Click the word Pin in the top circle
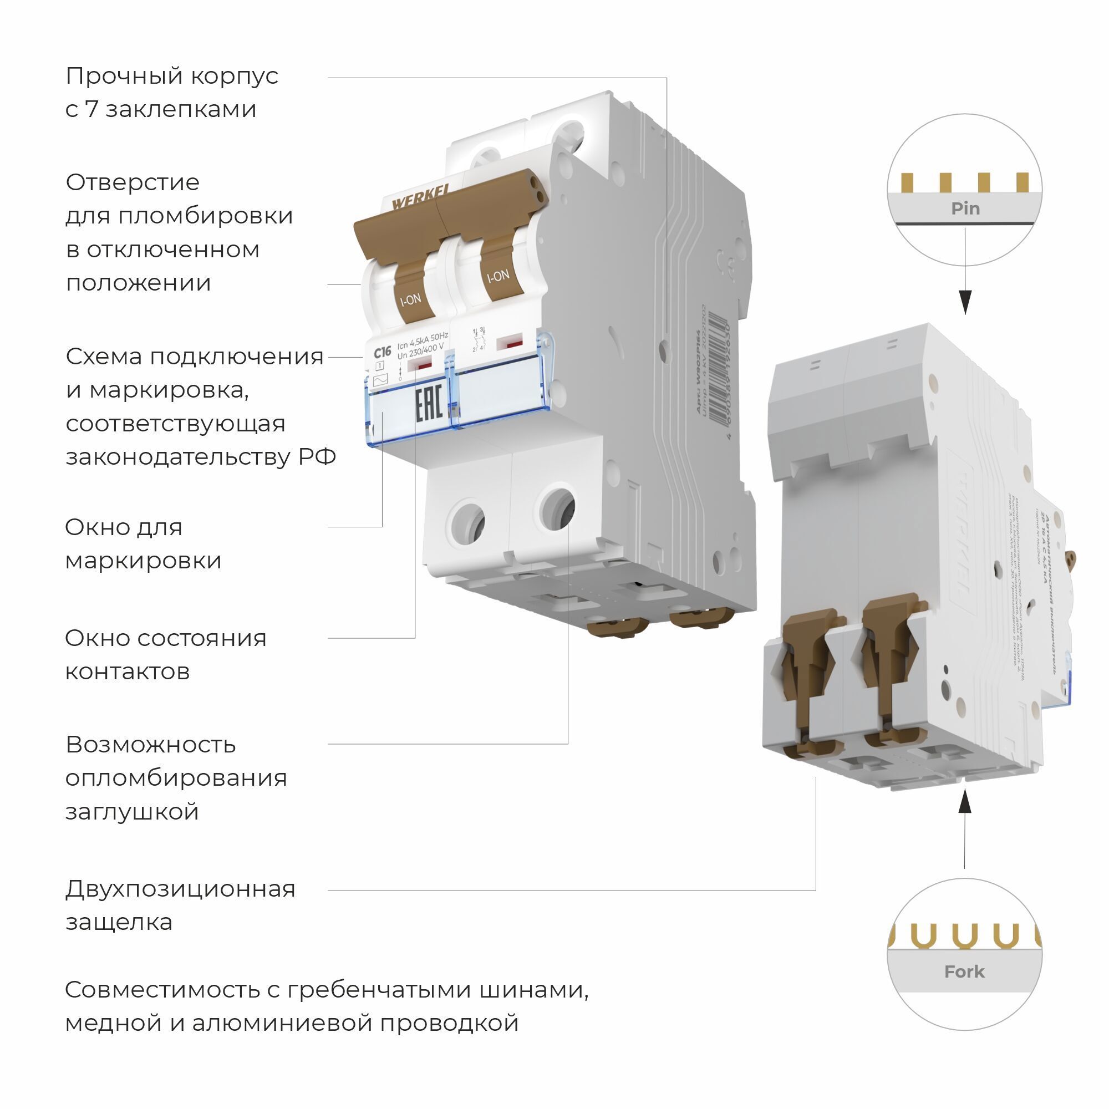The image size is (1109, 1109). coord(965,208)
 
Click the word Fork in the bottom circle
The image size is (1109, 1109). coord(964,971)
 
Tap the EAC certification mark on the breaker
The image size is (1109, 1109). coord(428,404)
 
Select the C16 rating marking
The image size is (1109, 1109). coord(381,352)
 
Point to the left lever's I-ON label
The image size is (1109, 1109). coord(410,299)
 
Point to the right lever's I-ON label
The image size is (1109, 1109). coord(498,276)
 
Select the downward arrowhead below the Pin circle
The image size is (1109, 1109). coord(965,301)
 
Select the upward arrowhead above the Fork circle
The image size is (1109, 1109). coord(965,801)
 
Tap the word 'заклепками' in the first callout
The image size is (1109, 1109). coord(181,109)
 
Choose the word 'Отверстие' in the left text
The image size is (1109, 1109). coord(133,182)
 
